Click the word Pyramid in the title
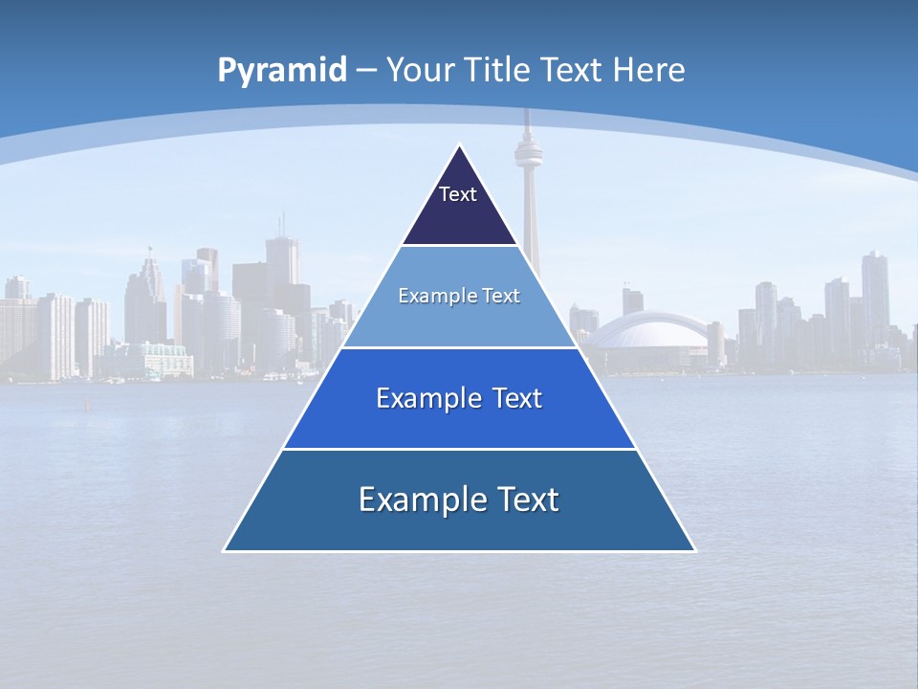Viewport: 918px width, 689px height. [281, 71]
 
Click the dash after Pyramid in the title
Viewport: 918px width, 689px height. [365, 71]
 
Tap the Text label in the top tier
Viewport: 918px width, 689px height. [458, 194]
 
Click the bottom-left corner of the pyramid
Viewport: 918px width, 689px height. [225, 550]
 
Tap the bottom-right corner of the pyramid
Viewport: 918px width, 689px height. [695, 550]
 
